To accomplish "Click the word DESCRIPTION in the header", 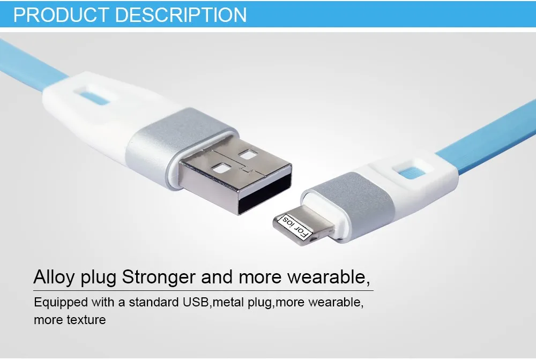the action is coord(181,14).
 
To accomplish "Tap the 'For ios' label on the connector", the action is coord(295,227).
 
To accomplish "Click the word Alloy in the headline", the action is coord(54,277).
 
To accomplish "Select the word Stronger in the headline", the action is coord(159,277).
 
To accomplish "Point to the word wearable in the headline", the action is coord(326,277).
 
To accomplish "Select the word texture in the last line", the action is coord(86,320).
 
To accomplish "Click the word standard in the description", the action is coord(154,302).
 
